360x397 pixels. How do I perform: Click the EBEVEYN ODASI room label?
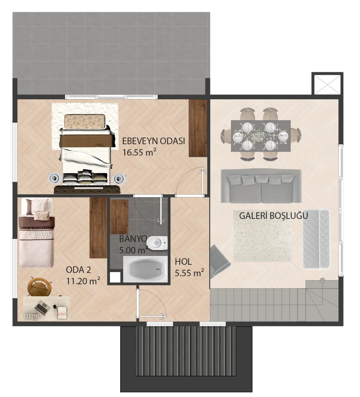point(154,141)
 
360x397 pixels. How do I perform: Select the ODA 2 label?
point(78,270)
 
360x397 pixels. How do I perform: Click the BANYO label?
point(133,239)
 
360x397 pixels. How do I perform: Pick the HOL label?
point(183,262)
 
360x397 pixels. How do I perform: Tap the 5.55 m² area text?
point(189,273)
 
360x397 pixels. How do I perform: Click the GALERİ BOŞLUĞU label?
point(273,216)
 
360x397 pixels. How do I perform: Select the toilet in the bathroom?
point(157,243)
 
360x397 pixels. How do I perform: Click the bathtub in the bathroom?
point(145,269)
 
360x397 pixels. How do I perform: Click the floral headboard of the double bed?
point(84,122)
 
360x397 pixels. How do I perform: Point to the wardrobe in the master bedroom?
point(198,128)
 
